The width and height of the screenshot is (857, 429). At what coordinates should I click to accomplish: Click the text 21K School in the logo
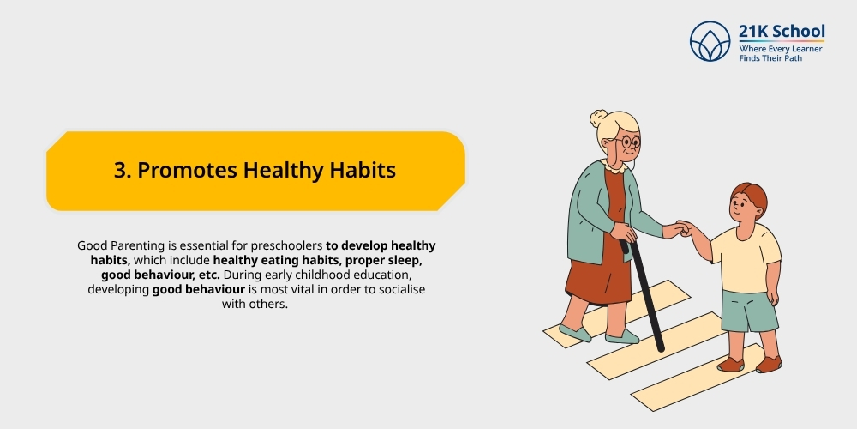[781, 32]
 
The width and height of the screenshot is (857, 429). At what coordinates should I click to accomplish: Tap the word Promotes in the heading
[186, 170]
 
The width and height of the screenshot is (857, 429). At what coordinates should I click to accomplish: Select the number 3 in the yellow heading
[120, 170]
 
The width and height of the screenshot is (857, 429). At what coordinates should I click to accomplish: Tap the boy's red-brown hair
[751, 197]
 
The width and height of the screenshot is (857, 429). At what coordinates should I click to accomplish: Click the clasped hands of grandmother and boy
[683, 229]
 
